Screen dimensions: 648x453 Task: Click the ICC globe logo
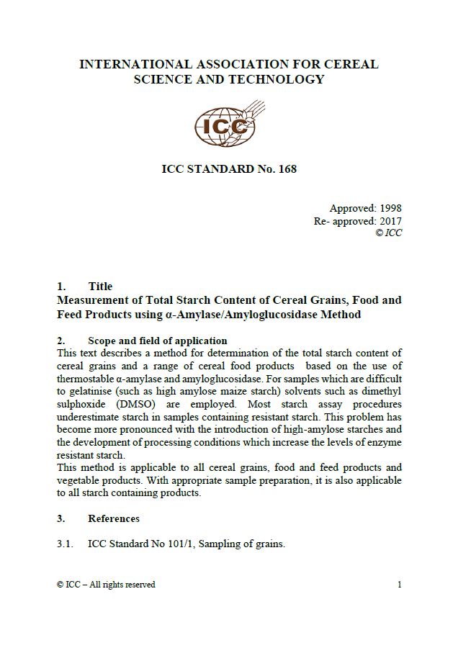(225, 127)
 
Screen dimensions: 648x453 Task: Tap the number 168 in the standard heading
(287, 170)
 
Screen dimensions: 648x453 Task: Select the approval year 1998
(387, 209)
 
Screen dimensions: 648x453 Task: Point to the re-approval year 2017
(387, 221)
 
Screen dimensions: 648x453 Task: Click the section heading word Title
(100, 286)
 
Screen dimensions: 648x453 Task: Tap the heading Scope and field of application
(157, 341)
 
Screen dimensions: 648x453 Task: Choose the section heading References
(114, 518)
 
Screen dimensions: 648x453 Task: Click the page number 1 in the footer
(399, 585)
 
